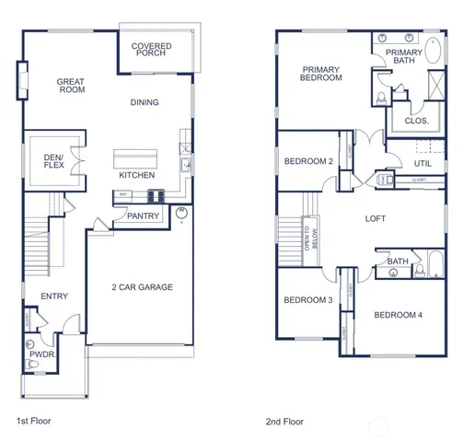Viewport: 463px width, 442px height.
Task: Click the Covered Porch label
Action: coord(151,52)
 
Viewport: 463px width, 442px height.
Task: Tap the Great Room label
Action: coord(71,87)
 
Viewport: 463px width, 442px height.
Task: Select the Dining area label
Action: coord(144,102)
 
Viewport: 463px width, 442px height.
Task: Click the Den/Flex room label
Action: coord(53,163)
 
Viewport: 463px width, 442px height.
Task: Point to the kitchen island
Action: coord(137,156)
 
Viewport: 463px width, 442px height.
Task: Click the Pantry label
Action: coord(144,217)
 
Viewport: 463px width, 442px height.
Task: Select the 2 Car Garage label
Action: coord(142,287)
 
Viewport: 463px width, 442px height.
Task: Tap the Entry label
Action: coord(53,297)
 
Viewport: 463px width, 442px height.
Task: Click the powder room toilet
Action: coord(34,365)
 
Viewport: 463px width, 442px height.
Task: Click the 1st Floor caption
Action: coord(35,421)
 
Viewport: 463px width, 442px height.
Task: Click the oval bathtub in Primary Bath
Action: coord(434,50)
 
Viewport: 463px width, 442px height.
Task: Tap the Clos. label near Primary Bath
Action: coord(416,120)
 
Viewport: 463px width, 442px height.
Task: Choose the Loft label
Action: coord(376,218)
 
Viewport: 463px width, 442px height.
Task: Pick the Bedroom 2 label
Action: coord(308,161)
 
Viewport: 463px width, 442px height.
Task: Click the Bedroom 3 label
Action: coord(307,300)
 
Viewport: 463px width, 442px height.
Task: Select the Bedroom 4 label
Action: coord(398,315)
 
